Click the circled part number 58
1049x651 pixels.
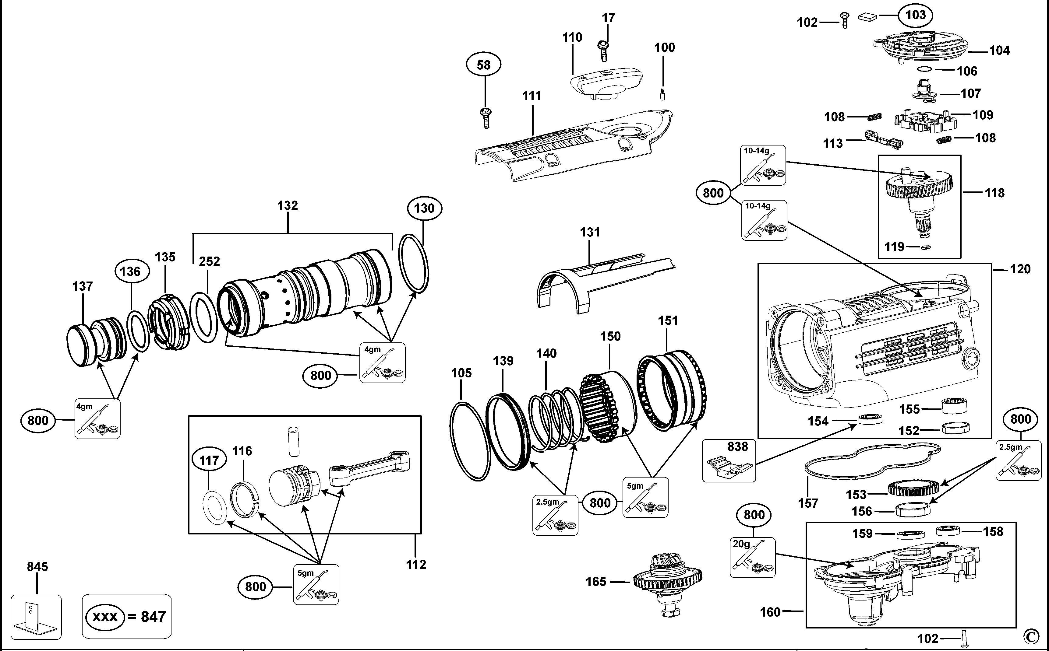[484, 65]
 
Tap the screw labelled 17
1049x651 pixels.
[604, 51]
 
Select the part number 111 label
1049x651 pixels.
[532, 96]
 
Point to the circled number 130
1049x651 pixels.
[424, 208]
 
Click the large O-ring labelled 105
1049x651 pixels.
[470, 441]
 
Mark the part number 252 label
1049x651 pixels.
[209, 261]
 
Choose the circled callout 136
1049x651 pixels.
[130, 272]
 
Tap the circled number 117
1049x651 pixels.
[209, 460]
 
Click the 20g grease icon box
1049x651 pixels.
[752, 557]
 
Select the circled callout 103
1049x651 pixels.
[916, 15]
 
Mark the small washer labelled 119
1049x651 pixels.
[925, 247]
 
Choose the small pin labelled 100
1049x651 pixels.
[662, 93]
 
